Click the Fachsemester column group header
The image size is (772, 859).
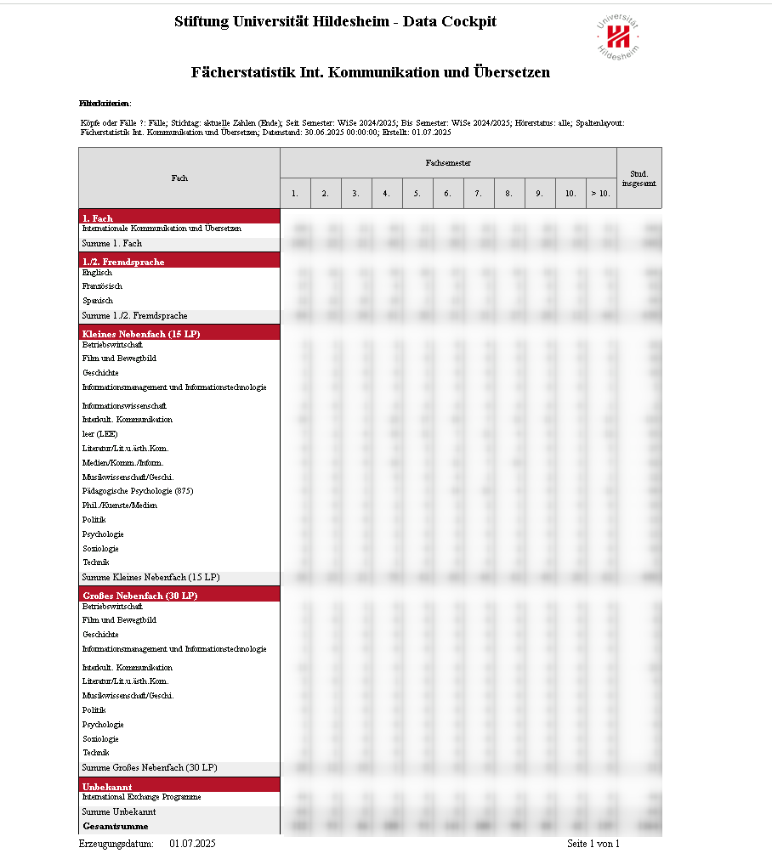[448, 162]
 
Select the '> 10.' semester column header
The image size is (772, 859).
[600, 194]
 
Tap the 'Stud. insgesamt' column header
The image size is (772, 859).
[639, 178]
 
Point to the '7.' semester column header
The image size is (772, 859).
[478, 194]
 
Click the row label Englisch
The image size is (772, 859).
[97, 273]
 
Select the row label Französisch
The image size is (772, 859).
[102, 286]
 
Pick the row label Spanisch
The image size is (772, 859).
[97, 301]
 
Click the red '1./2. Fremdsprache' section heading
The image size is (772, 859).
[123, 262]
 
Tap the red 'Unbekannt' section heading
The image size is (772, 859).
[107, 787]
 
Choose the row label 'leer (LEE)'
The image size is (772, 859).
[99, 434]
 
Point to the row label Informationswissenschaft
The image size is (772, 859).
[124, 405]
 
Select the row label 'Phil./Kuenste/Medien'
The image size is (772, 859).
[119, 506]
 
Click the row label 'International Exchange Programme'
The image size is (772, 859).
[141, 797]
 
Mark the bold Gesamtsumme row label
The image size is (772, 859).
[115, 826]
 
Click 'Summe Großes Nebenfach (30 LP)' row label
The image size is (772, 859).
[150, 768]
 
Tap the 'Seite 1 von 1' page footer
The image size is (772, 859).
[593, 844]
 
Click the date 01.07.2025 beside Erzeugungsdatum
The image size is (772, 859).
[193, 844]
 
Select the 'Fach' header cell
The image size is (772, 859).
[179, 178]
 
